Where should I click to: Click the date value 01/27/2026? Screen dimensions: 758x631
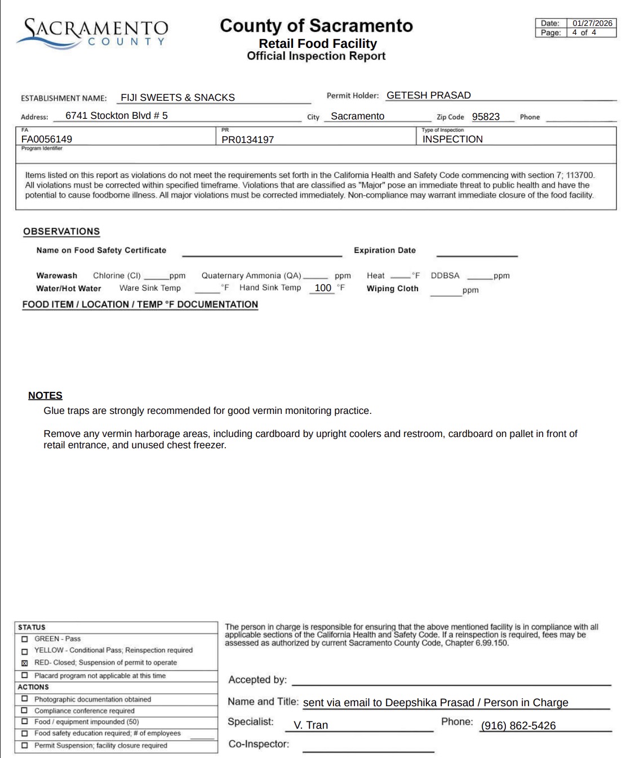[592, 23]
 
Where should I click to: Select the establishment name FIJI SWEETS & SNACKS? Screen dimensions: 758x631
[177, 97]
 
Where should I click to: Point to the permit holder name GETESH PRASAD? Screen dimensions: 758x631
[428, 95]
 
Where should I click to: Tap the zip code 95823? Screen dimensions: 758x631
[486, 117]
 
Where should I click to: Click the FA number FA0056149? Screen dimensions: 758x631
[47, 139]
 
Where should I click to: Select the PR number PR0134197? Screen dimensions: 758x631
[247, 139]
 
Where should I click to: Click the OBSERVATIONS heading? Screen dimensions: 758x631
[61, 231]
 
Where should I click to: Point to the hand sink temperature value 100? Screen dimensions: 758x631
[323, 288]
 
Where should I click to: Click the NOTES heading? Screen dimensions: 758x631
[45, 395]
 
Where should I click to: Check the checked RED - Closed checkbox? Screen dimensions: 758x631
[24, 663]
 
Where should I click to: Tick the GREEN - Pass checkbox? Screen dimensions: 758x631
[24, 639]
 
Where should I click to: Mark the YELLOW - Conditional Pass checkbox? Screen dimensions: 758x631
[24, 651]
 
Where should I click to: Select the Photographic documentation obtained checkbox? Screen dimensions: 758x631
[24, 699]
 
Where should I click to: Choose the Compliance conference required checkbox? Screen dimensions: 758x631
[24, 711]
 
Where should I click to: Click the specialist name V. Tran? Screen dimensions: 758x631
[310, 725]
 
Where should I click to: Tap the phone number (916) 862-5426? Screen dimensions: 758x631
[518, 726]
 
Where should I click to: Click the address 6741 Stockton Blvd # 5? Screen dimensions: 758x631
[117, 115]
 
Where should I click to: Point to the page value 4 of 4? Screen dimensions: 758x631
[584, 33]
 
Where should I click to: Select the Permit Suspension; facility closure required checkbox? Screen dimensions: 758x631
[24, 745]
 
